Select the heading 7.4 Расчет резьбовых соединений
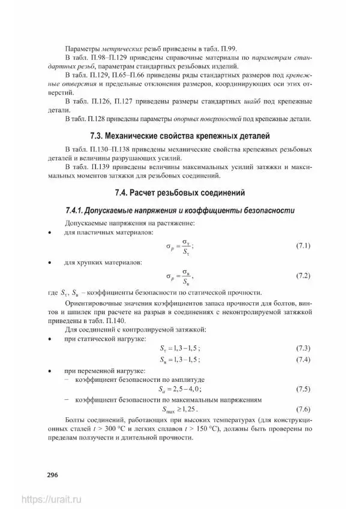(x=179, y=192)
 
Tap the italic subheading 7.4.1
(x=179, y=211)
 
